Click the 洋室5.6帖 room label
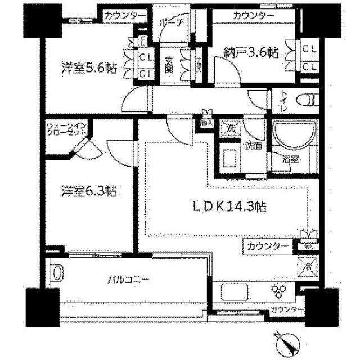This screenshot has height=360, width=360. click(x=88, y=69)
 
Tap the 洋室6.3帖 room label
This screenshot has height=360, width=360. click(x=88, y=191)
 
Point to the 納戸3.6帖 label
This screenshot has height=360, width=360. click(x=251, y=52)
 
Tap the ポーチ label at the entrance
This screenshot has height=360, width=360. click(x=169, y=23)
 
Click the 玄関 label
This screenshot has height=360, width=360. click(x=169, y=65)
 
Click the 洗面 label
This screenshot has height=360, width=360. click(x=253, y=147)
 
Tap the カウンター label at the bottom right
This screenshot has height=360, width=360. click(x=286, y=310)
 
